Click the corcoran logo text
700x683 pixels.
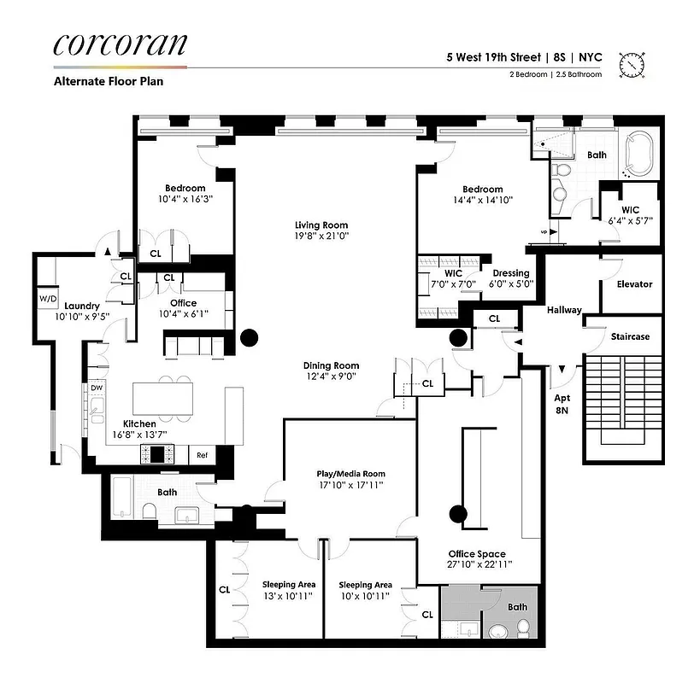[x=120, y=44]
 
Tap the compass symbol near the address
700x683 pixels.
[x=632, y=63]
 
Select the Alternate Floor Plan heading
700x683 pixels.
[x=108, y=82]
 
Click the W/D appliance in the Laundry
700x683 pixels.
[x=46, y=298]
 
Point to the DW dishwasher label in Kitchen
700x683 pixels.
[x=96, y=388]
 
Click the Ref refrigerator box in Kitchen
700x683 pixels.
[x=203, y=456]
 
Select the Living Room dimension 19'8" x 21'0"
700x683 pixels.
[x=321, y=236]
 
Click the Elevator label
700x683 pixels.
[x=633, y=284]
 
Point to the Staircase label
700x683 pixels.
[x=630, y=336]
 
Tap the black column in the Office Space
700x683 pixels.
[x=458, y=513]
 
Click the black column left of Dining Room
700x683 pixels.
[x=249, y=337]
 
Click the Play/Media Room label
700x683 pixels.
[x=351, y=474]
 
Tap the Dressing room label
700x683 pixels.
[x=511, y=274]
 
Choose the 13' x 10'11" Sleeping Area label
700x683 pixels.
[x=288, y=590]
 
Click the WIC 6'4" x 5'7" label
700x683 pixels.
[x=630, y=214]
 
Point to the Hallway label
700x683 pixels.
[x=564, y=310]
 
